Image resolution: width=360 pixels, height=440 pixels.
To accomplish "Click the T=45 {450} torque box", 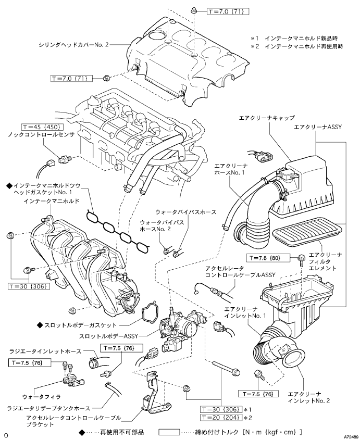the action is point(42,127).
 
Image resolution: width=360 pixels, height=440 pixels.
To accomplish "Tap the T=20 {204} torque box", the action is point(221,417).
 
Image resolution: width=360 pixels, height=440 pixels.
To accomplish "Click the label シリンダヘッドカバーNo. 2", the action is point(73,45).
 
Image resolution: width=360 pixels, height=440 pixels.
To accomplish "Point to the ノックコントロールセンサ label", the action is point(41,135).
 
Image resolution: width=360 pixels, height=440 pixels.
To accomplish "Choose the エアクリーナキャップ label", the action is point(267,118).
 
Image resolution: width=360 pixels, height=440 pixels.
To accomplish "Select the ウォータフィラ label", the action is point(41,397).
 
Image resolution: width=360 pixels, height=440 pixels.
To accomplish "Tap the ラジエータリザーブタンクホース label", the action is point(49,408).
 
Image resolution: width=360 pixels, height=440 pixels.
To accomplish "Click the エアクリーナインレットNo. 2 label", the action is point(309,397).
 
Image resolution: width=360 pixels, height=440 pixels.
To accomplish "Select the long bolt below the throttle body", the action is point(227,368).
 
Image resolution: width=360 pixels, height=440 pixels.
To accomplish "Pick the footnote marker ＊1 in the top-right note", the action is point(255,39).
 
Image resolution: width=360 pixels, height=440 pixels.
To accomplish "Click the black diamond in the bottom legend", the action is point(82,432).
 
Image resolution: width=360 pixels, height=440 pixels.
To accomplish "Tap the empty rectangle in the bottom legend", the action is point(169,432).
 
